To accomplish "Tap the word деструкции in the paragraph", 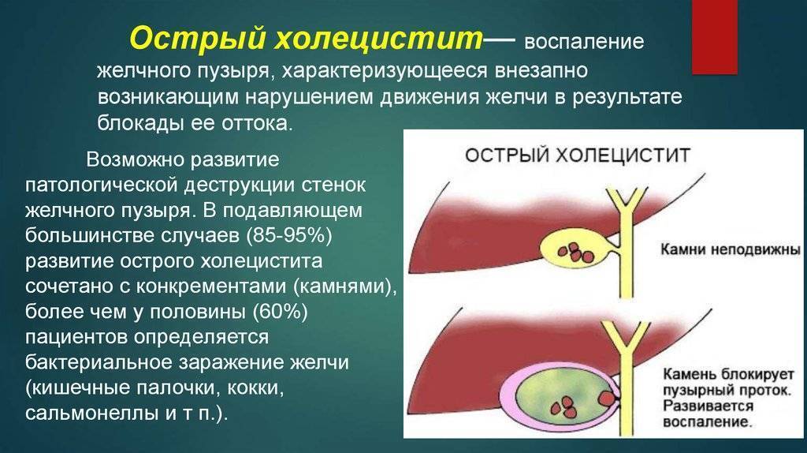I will [237, 186].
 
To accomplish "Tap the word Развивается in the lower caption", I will [708, 406].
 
